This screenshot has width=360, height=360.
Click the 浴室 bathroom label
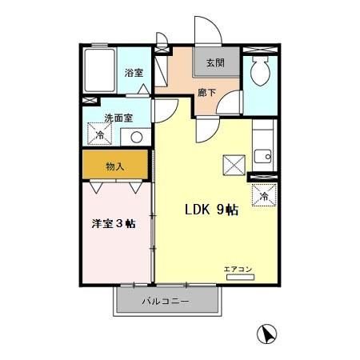(x=133, y=73)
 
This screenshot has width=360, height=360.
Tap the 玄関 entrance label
(x=214, y=63)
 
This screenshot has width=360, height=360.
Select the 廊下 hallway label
(x=206, y=91)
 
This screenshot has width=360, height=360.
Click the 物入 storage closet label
(x=115, y=166)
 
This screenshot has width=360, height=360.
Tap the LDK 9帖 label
(x=211, y=210)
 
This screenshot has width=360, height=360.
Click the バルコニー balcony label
(x=166, y=302)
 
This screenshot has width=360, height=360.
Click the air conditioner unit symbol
(x=240, y=277)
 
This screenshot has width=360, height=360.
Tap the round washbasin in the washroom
(x=136, y=137)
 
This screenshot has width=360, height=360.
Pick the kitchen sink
(x=262, y=155)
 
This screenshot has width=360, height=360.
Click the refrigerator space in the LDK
(x=264, y=194)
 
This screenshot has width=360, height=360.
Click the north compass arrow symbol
(x=268, y=334)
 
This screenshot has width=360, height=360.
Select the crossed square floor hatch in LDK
(x=234, y=166)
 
